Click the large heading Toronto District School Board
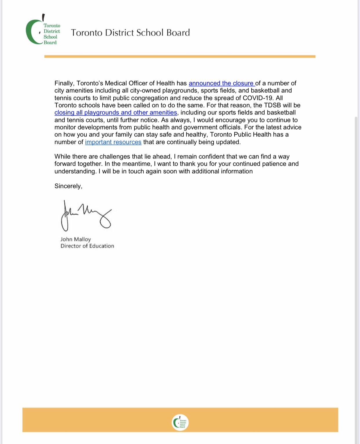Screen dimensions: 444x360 130,33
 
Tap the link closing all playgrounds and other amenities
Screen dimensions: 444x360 115,113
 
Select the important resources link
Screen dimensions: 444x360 113,142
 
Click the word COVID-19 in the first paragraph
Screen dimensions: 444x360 258,98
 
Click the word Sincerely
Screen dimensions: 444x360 68,186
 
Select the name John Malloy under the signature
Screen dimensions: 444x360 75,239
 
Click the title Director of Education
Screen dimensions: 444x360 87,246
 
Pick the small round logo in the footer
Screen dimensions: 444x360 180,423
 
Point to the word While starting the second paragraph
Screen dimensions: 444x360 62,157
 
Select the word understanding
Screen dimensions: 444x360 75,171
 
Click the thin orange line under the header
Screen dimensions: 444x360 180,56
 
